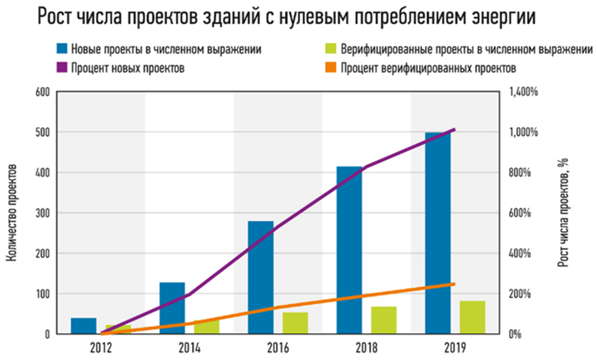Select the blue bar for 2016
[260, 277]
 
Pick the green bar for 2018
[384, 320]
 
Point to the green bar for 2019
[472, 317]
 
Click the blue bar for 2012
[84, 326]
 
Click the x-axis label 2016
[277, 346]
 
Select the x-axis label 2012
[100, 346]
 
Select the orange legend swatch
[331, 67]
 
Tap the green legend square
[331, 48]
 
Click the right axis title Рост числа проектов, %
[565, 213]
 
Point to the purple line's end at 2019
[454, 130]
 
